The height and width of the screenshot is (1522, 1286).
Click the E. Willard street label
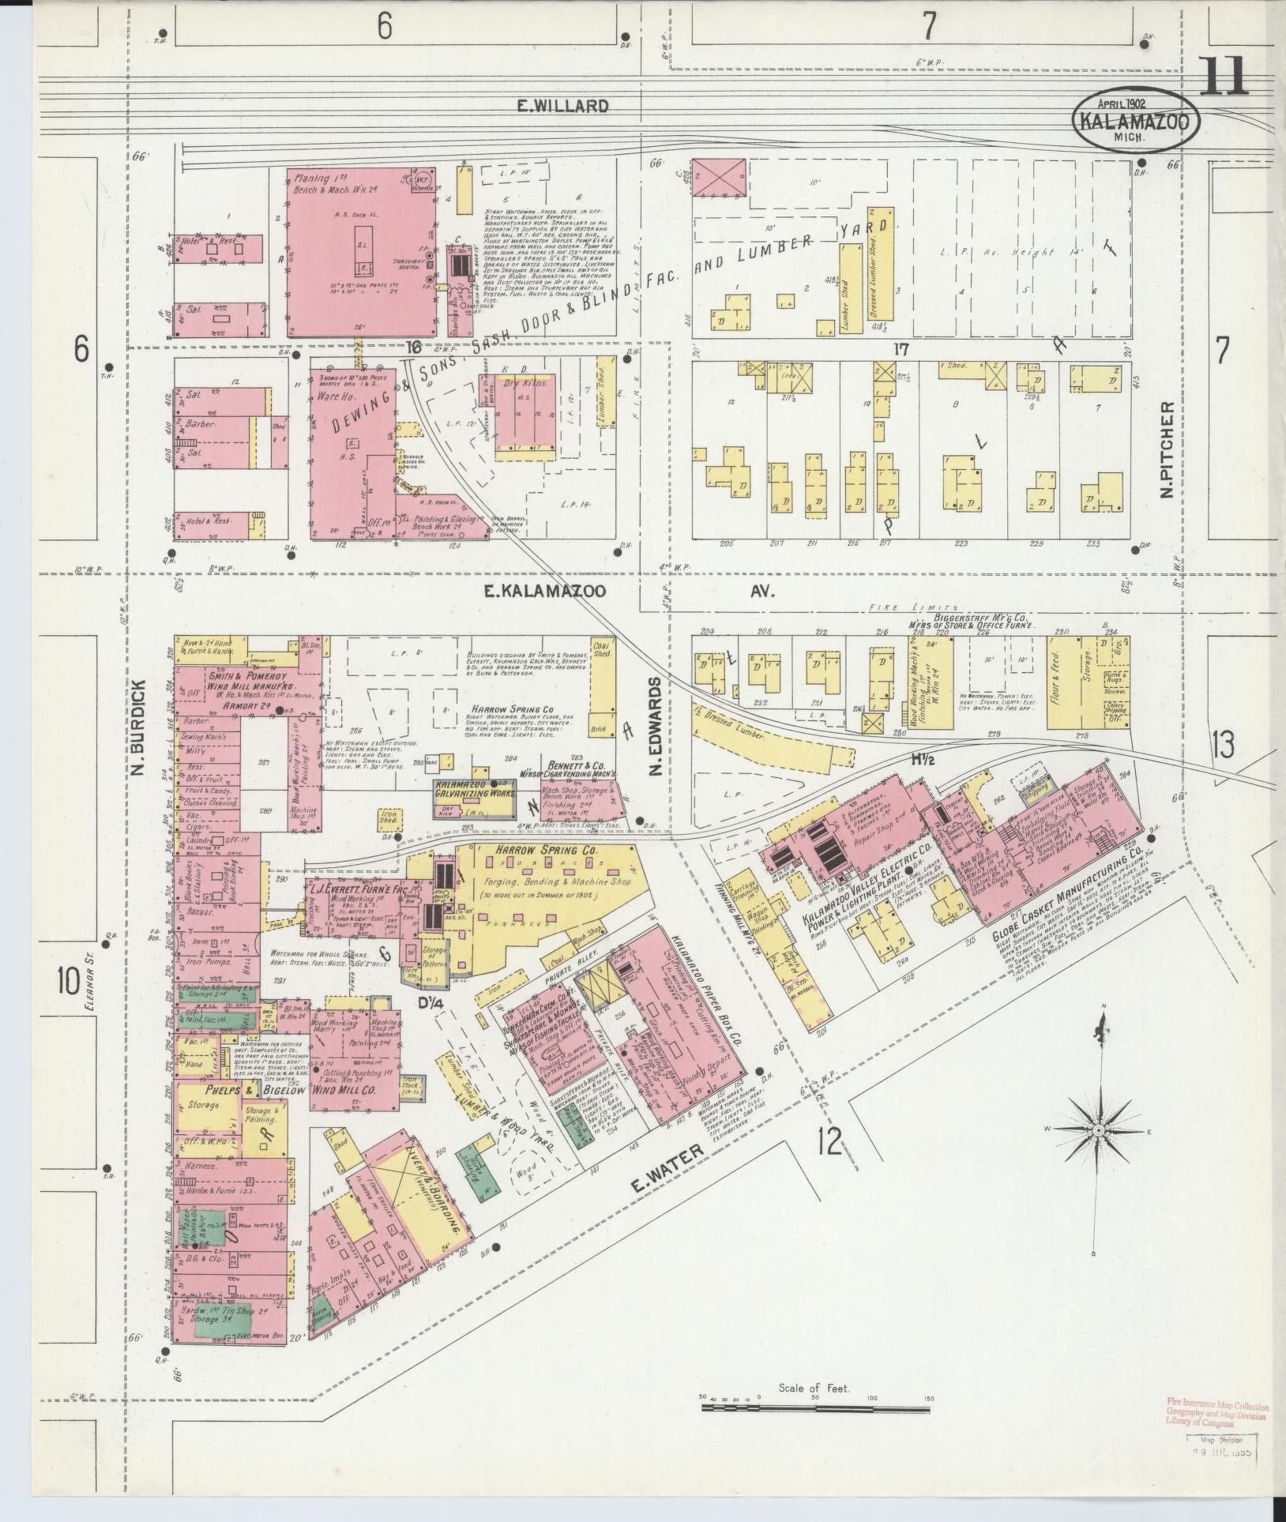click(562, 106)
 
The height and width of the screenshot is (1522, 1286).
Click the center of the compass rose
click(1097, 1130)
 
